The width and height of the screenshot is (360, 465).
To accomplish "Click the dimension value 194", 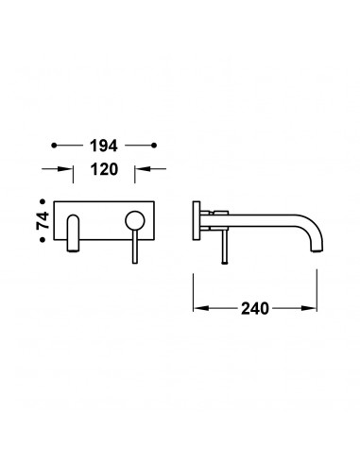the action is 104,146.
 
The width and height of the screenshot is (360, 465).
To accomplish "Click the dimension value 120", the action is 104,169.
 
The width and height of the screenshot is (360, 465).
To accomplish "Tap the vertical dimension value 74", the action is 43,220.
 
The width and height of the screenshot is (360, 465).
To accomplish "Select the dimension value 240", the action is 255,308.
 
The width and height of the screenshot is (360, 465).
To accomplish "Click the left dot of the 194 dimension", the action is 54,146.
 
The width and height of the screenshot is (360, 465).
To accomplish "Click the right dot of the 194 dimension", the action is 154,146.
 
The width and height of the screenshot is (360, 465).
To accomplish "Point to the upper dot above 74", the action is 43,201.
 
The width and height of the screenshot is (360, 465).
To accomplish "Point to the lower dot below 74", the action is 43,240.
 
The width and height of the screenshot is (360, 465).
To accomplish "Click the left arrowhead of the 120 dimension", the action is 66,169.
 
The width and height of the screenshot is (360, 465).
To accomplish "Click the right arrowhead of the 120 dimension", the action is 142,169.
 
